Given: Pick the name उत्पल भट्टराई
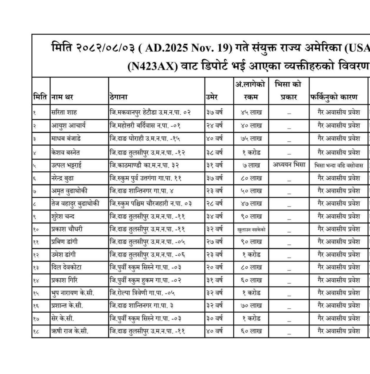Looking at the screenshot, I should [x=66, y=165].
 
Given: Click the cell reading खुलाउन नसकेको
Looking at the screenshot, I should [x=251, y=230].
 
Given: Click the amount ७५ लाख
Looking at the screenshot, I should [x=251, y=139].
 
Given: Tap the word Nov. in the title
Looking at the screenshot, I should [x=209, y=48].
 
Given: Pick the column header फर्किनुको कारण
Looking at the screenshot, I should [x=334, y=98].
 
